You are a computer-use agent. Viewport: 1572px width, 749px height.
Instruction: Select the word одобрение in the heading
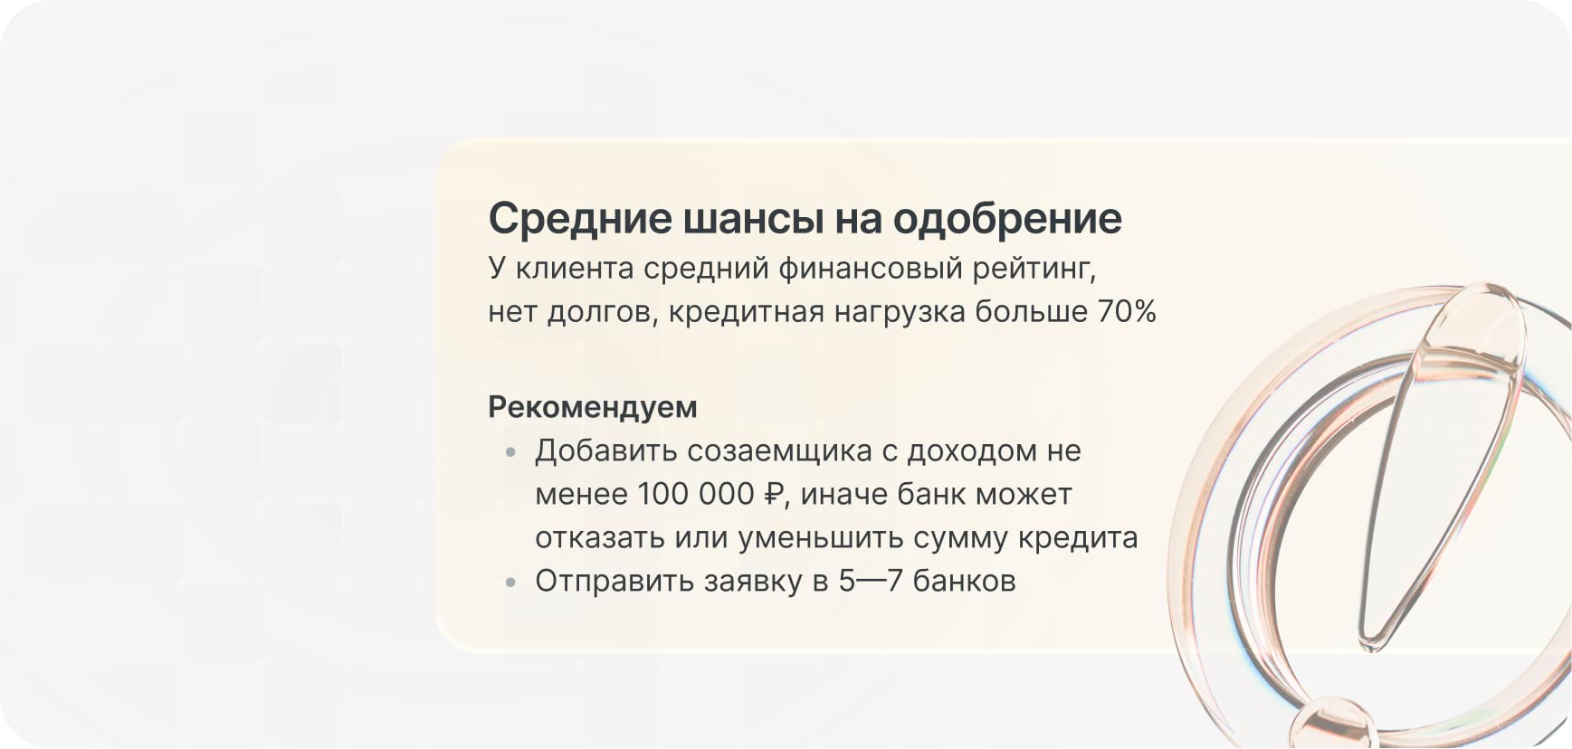coord(1007,218)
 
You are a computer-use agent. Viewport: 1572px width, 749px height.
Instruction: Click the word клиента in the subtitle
coord(575,269)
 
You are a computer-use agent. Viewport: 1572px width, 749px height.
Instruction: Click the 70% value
coord(1127,311)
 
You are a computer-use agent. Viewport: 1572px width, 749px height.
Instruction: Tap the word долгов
coord(602,312)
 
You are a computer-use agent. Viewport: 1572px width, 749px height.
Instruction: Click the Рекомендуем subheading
coord(593,407)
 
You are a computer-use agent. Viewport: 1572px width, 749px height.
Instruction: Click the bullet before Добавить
coord(511,451)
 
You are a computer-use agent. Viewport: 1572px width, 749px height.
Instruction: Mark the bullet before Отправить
coord(511,582)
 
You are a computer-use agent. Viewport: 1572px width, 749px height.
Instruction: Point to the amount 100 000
coord(695,494)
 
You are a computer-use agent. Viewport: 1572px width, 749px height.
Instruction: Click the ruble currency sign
coord(774,494)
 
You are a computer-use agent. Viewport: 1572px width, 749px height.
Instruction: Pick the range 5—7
coord(870,581)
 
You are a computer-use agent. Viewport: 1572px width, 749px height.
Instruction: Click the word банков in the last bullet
coord(964,581)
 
